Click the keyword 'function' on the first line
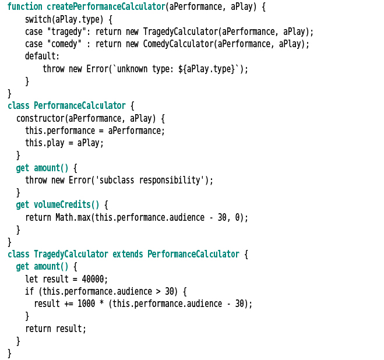coord(25,7)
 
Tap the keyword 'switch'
coord(38,19)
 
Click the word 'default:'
coord(42,57)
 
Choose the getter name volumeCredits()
coord(66,204)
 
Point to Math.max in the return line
coord(73,217)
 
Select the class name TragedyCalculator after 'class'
coord(71,254)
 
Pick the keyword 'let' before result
coord(31,279)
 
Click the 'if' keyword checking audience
coord(29,291)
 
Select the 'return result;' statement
coord(55,329)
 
